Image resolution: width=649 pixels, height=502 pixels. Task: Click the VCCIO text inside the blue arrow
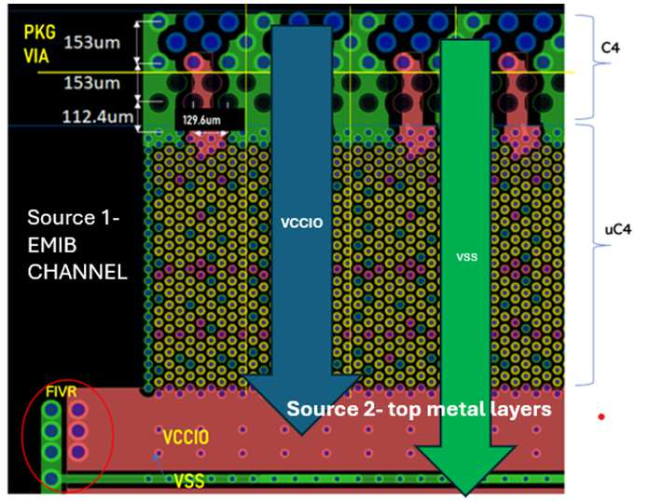coord(301,224)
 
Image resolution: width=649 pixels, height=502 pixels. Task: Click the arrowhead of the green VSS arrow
coord(464,466)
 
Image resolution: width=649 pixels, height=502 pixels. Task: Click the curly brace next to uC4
coord(587,253)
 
